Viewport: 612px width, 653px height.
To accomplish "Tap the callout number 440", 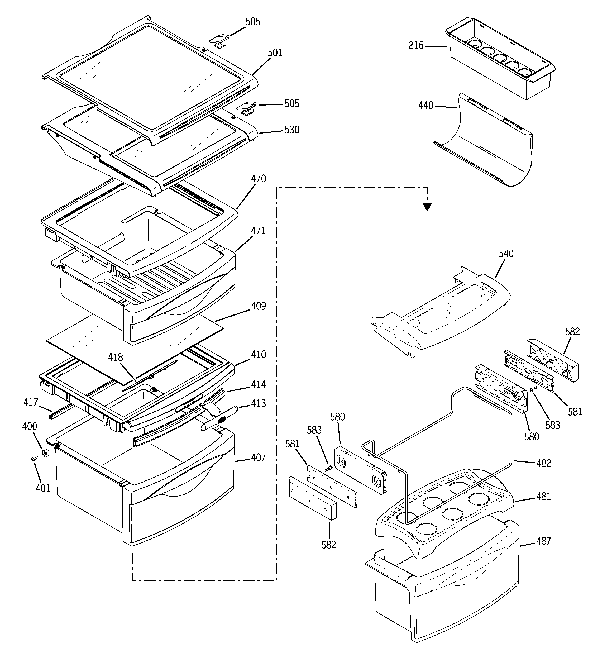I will click(x=426, y=106).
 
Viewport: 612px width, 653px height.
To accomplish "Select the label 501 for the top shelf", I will click(x=275, y=53).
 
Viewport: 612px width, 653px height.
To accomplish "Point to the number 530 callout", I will click(x=292, y=130).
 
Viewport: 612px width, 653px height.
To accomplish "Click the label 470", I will click(x=259, y=179).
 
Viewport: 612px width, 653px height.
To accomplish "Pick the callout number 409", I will click(x=259, y=306).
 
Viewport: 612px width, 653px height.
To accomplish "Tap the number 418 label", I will click(x=116, y=358).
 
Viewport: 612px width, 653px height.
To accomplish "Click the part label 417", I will click(x=31, y=402).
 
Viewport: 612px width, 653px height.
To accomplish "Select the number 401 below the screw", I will click(x=43, y=488).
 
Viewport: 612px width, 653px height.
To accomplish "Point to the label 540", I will click(x=506, y=254).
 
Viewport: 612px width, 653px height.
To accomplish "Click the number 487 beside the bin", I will click(x=544, y=541).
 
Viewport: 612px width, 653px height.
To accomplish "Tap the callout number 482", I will click(x=544, y=464).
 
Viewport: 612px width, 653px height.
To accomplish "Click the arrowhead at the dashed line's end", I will click(x=427, y=207).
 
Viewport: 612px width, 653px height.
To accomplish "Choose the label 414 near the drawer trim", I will click(x=259, y=385).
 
